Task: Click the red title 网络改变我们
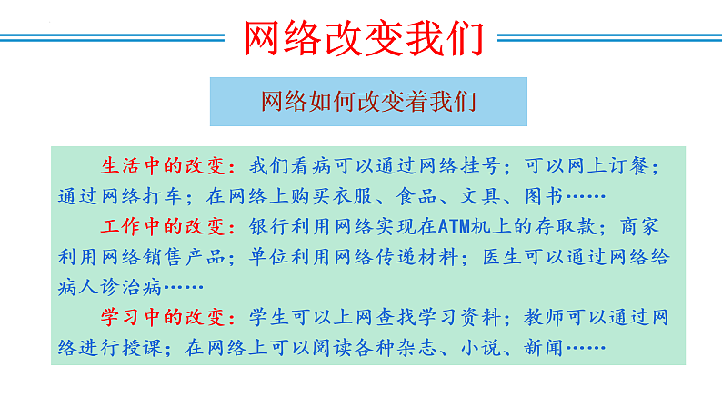(x=360, y=38)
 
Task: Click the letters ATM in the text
(x=452, y=226)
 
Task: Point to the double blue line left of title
(x=114, y=37)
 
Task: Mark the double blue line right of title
(x=608, y=37)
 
